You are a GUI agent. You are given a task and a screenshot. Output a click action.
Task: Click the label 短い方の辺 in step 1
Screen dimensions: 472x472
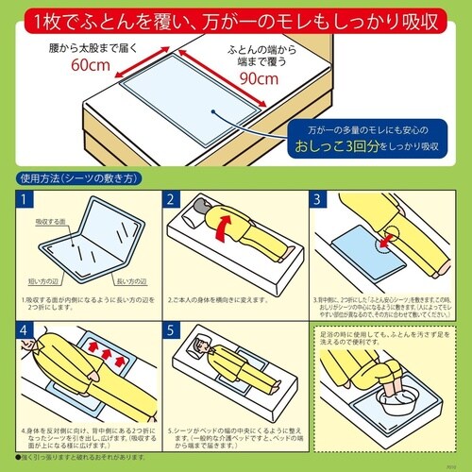pyautogui.click(x=42, y=280)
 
